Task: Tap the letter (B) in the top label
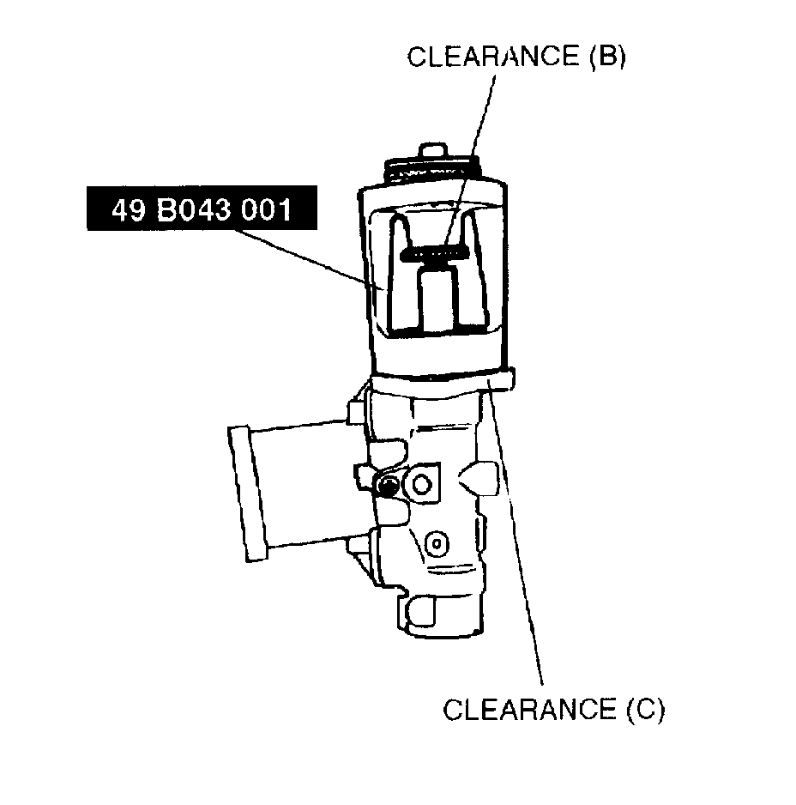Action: pos(605,57)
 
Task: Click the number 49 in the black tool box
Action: pos(129,210)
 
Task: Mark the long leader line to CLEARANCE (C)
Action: pos(519,549)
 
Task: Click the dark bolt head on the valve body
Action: pos(388,487)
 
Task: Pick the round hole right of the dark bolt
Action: pos(420,485)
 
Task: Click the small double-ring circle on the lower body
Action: pos(437,542)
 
